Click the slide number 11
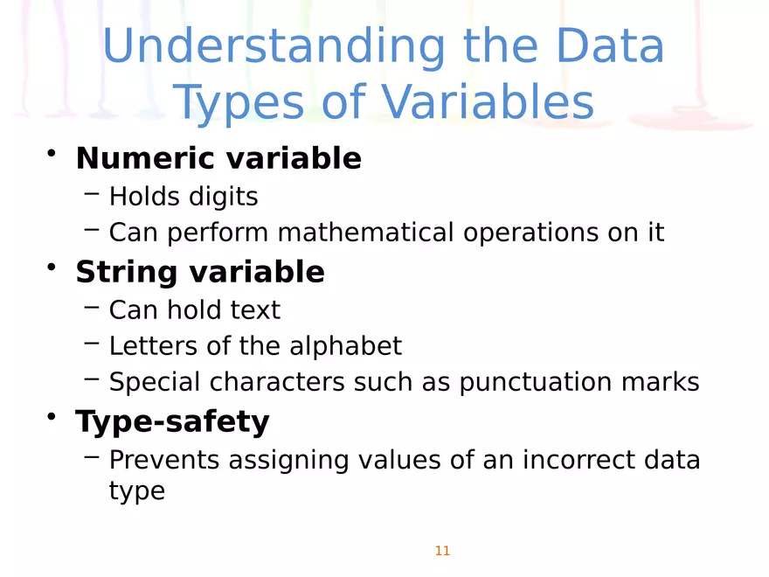point(441,551)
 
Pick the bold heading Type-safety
point(172,422)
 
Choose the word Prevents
point(164,460)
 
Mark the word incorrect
point(586,460)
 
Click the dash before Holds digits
point(93,194)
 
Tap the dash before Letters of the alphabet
point(93,343)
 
